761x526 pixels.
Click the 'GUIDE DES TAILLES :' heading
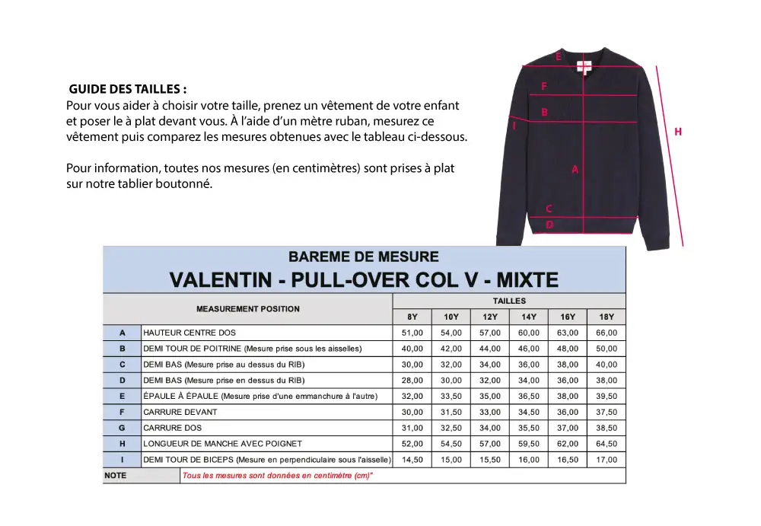(x=127, y=89)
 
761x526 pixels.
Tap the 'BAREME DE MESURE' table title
(x=364, y=257)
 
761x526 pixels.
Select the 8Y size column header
(x=412, y=317)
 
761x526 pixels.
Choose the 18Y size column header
(x=607, y=317)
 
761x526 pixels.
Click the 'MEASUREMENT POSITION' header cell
(x=248, y=309)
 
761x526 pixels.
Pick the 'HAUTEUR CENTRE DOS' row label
(x=189, y=333)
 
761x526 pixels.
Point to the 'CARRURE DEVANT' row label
(x=180, y=412)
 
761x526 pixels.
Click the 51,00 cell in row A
(x=412, y=333)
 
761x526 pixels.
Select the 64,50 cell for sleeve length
(x=607, y=444)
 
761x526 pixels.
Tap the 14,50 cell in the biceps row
(x=412, y=460)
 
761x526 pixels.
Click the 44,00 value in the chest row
(x=489, y=349)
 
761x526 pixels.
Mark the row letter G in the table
(x=122, y=428)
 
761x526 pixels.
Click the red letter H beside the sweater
(x=678, y=132)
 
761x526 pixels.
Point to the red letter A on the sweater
(x=575, y=171)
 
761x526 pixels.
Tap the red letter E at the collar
(x=558, y=56)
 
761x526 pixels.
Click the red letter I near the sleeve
(x=514, y=126)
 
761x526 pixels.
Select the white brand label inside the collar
(x=583, y=65)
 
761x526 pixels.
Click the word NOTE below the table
(x=116, y=476)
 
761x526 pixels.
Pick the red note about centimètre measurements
(x=278, y=476)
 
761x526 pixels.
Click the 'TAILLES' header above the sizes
(x=508, y=301)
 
